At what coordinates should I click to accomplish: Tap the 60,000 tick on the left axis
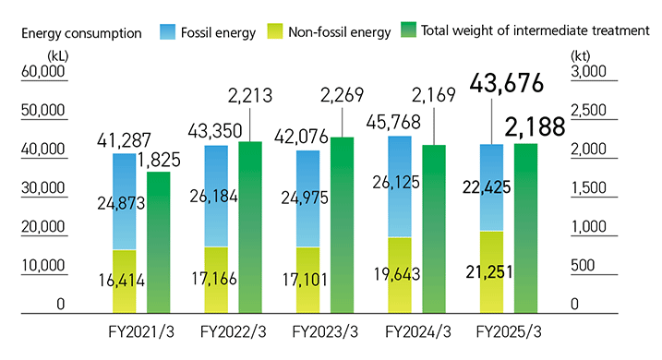(x=42, y=72)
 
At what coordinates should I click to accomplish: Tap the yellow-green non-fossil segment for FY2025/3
(x=492, y=271)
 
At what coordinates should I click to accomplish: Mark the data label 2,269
(x=343, y=93)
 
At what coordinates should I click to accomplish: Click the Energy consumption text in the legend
(x=81, y=31)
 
